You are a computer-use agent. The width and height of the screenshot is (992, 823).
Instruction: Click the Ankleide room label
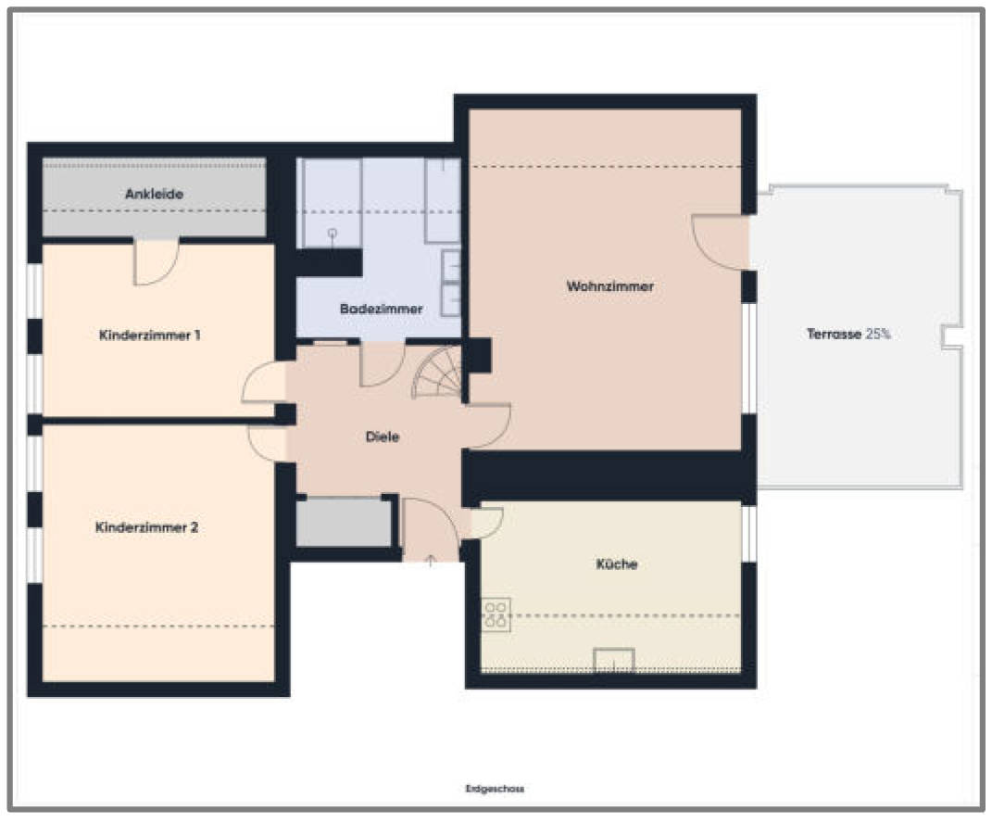[155, 194]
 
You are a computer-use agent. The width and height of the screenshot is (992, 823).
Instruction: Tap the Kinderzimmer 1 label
[150, 335]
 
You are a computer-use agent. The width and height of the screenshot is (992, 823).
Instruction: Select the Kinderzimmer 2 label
[146, 526]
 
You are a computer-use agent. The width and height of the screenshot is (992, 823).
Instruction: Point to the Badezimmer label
[381, 309]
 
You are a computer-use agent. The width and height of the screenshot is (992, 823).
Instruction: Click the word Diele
[383, 437]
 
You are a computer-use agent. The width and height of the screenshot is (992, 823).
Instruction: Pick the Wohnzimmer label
[609, 286]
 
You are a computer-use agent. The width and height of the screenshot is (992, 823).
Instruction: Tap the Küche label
[617, 563]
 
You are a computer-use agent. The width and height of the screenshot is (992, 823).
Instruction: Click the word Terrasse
[834, 334]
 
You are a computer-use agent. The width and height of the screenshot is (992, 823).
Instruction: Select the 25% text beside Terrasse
[878, 334]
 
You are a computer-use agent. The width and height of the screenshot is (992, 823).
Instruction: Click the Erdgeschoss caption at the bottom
[495, 789]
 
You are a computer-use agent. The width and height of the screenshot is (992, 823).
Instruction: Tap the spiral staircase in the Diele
[437, 373]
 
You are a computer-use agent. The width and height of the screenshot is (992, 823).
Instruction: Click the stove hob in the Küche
[496, 614]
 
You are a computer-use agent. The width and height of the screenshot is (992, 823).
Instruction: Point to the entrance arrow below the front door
[430, 561]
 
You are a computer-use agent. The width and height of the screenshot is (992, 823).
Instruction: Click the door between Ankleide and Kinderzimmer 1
[157, 262]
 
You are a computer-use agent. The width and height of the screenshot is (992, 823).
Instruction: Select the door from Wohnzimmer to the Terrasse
[721, 243]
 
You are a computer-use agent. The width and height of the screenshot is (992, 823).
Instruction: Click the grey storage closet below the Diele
[344, 523]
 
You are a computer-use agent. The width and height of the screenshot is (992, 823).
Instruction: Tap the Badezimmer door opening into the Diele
[383, 364]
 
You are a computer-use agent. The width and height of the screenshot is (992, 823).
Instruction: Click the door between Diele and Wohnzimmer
[488, 426]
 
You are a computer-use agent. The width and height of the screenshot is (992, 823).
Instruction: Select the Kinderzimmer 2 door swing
[267, 443]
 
